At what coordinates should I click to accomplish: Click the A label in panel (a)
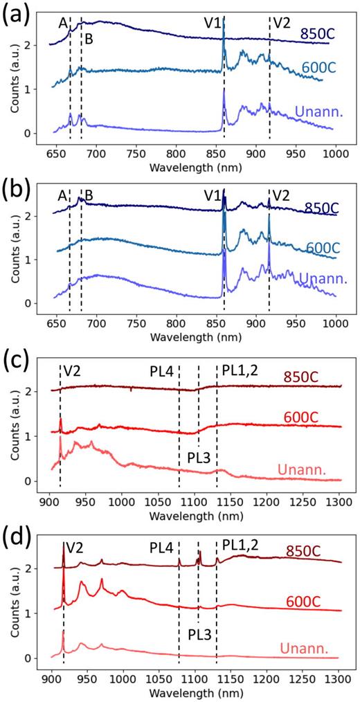pos(63,24)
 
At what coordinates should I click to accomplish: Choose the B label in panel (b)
pos(89,195)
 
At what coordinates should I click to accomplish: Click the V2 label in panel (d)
pos(74,546)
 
